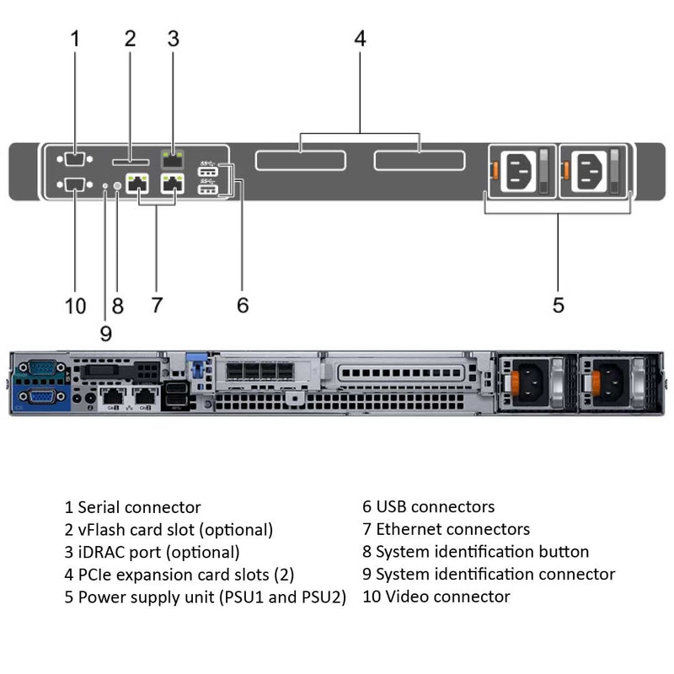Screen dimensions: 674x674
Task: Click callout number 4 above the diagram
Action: pos(360,39)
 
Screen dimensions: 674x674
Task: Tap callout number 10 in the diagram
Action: pos(75,305)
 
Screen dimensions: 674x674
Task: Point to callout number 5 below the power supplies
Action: pos(559,305)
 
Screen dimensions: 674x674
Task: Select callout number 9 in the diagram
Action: pos(105,333)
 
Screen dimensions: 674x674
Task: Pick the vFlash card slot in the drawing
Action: pos(130,159)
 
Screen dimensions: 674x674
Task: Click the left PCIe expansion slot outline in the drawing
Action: pos(301,160)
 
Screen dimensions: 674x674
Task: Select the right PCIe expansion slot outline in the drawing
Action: pos(420,160)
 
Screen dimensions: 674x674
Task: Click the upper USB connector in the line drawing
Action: pos(208,172)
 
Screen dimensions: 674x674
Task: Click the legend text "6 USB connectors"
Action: pos(428,507)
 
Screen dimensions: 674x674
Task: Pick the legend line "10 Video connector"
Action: pos(436,596)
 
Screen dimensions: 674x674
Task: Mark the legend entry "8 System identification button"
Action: pos(475,552)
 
